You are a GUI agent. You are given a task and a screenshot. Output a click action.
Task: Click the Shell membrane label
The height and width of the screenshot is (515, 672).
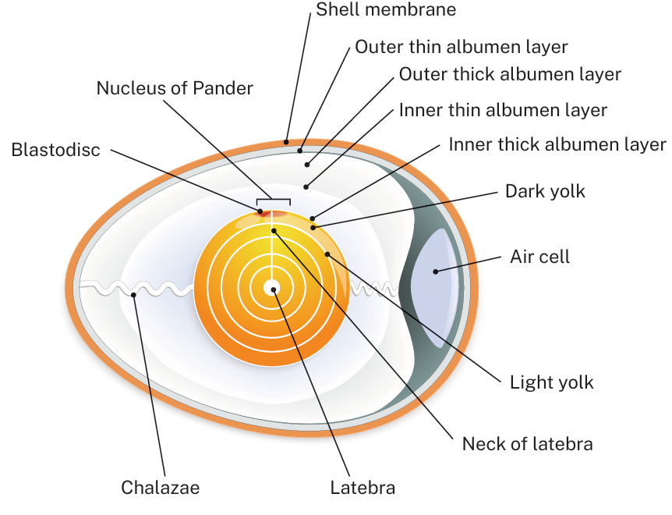pyautogui.click(x=385, y=10)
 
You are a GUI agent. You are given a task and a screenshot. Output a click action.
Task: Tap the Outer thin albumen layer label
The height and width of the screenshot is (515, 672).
pyautogui.click(x=461, y=47)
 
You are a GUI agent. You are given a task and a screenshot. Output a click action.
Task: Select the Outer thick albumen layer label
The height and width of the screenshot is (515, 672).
pyautogui.click(x=509, y=74)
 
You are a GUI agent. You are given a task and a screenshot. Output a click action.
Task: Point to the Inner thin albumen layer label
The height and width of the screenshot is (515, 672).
pyautogui.click(x=502, y=110)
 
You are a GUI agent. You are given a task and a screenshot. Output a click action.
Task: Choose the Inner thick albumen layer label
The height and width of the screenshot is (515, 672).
pyautogui.click(x=557, y=144)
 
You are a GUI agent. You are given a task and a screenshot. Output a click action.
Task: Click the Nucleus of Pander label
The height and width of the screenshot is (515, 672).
pyautogui.click(x=175, y=88)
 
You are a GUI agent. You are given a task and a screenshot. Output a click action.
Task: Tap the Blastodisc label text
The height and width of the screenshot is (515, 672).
pyautogui.click(x=56, y=150)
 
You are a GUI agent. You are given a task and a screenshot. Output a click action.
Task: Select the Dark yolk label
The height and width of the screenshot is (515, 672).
pyautogui.click(x=544, y=191)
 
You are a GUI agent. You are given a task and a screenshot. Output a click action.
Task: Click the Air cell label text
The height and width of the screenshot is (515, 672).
pyautogui.click(x=539, y=257)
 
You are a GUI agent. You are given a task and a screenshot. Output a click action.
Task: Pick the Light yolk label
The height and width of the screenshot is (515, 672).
pyautogui.click(x=551, y=382)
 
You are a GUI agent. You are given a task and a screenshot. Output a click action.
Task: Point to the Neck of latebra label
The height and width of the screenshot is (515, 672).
pyautogui.click(x=527, y=444)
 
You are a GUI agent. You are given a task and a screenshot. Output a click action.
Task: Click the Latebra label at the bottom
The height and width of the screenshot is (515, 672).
pyautogui.click(x=363, y=488)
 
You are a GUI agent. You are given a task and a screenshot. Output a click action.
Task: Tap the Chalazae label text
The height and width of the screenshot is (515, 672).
pyautogui.click(x=160, y=488)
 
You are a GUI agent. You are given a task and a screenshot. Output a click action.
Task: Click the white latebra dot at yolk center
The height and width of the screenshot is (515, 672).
pyautogui.click(x=272, y=288)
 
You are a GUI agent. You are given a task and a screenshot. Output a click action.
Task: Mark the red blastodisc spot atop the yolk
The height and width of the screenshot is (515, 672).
pyautogui.click(x=260, y=210)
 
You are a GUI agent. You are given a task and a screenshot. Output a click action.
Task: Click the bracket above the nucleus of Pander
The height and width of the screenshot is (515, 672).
pyautogui.click(x=274, y=200)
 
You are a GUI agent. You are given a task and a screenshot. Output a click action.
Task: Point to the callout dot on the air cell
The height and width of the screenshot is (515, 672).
pyautogui.click(x=437, y=271)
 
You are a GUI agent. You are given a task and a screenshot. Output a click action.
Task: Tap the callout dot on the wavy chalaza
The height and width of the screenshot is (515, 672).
pyautogui.click(x=134, y=295)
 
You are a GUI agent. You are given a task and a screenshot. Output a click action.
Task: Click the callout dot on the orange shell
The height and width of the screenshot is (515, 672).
pyautogui.click(x=287, y=142)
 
